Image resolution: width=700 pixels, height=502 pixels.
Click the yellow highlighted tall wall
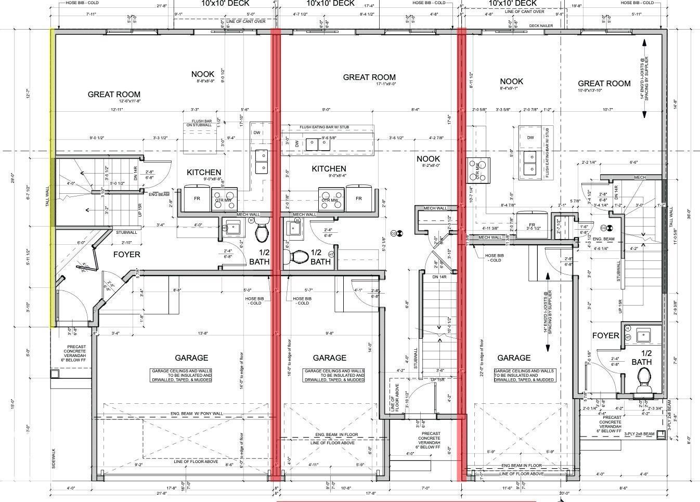53,177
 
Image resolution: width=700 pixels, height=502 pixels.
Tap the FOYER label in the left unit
126,255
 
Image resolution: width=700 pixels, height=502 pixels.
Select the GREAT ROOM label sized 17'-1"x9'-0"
369,77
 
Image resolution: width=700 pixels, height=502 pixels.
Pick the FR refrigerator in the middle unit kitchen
359,199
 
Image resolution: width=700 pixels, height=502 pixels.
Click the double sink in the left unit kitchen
262,161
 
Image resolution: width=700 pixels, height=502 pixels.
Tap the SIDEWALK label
54,459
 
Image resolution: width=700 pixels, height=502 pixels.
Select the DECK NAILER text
541,25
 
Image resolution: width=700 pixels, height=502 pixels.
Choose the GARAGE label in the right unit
514,358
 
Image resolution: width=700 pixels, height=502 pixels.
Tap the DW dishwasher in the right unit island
530,138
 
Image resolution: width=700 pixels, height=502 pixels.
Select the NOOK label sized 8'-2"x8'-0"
428,159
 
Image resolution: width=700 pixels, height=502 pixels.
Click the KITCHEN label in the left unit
204,172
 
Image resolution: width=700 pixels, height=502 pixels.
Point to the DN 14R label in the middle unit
439,277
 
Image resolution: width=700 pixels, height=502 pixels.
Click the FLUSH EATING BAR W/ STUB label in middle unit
327,127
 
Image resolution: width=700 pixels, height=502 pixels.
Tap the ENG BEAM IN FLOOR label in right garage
521,466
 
